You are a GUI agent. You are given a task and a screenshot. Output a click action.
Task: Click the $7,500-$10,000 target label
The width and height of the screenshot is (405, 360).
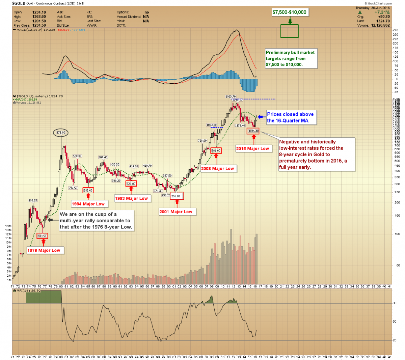tap(290, 12)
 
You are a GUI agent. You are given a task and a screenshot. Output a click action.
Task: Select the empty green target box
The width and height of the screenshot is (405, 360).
tap(290, 31)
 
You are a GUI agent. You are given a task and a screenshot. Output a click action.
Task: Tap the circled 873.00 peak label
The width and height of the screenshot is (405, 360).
tap(61, 133)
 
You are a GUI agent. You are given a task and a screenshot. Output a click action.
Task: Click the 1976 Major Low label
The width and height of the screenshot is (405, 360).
tap(44, 250)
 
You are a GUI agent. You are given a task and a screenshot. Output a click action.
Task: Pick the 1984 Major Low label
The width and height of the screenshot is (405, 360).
tap(88, 204)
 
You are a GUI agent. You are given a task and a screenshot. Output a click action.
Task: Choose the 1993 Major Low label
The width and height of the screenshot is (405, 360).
tap(132, 198)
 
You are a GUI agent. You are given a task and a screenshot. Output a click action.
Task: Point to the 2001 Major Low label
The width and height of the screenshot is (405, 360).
tap(176, 212)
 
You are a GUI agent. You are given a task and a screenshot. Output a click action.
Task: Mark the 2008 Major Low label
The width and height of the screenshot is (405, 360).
tap(217, 168)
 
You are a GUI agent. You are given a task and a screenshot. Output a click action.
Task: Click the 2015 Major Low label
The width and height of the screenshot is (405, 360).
tap(252, 148)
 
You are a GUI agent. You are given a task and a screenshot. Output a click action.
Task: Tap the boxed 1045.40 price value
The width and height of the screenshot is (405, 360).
tap(253, 131)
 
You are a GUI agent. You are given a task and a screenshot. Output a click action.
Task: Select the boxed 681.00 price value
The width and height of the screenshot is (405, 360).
tap(216, 150)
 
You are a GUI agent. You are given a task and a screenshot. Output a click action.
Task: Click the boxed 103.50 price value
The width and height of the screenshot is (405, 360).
tap(42, 236)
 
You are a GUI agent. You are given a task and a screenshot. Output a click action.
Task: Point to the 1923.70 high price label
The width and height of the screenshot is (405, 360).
tap(231, 96)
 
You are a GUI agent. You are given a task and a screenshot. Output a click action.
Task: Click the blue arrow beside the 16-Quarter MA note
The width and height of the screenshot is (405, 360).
tap(262, 117)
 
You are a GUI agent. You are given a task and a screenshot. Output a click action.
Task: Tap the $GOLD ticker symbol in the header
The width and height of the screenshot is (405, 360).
tap(19, 3)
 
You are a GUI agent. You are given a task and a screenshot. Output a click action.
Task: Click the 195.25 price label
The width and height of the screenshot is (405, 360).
tap(33, 200)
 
